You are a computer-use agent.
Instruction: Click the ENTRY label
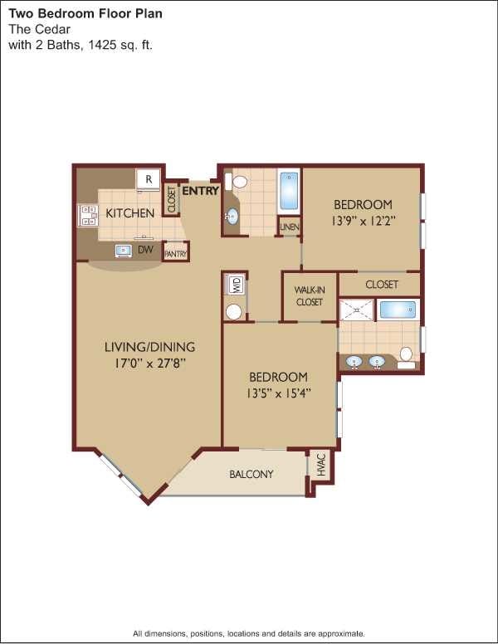pos(200,191)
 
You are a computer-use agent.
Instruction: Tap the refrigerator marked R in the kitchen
pos(149,178)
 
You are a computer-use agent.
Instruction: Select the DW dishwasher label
pos(146,249)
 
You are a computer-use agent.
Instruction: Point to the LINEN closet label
pos(290,227)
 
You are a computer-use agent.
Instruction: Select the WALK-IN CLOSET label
pos(309,296)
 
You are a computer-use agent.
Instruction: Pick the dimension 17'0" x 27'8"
pos(149,363)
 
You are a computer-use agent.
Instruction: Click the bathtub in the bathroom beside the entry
pos(289,192)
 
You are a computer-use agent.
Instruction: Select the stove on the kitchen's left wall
pos(89,216)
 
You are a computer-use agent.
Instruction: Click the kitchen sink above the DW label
pos(123,249)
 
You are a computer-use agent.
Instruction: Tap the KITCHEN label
pos(130,213)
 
